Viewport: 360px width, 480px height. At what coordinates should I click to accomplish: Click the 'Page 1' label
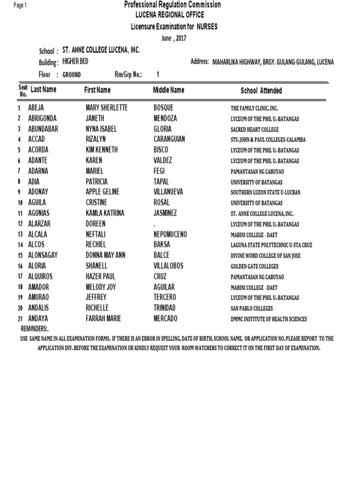coord(20,5)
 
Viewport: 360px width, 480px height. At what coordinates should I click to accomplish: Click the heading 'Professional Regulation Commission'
coord(172,5)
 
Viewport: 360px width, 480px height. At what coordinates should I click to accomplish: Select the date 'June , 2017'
coord(173,38)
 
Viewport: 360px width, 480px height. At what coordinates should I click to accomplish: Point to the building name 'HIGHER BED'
coord(75,62)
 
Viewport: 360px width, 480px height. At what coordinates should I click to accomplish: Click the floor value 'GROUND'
coord(71,75)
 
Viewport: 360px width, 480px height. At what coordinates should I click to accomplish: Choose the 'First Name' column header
coord(97,90)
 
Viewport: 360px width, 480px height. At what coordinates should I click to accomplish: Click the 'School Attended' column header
coord(261,90)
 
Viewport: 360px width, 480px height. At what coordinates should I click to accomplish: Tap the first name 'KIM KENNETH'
coord(102,150)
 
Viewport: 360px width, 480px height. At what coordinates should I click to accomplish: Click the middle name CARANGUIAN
coord(169,139)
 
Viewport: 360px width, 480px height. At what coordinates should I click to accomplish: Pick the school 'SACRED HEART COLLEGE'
coord(255,129)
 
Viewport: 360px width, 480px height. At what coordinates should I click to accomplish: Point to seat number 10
coord(20,203)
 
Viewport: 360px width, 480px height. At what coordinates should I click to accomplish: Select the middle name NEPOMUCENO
coord(170,234)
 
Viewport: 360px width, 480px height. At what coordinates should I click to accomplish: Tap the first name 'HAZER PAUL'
coord(100,277)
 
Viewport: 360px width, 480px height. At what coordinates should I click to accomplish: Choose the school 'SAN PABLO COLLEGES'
coord(252,308)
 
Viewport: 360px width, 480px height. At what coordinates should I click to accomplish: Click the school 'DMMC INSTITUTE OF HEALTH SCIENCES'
coord(269,319)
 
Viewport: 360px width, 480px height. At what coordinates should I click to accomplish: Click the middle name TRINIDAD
coord(165,308)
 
